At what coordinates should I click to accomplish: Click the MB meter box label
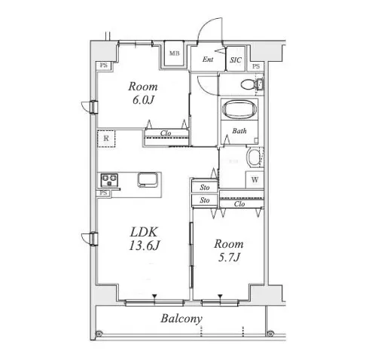[x=175, y=53]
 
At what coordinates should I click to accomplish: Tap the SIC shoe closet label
[x=236, y=60]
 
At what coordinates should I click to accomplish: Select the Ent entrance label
[x=208, y=59]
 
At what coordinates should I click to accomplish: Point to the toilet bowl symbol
[x=248, y=84]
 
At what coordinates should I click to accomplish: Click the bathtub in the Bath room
[x=239, y=109]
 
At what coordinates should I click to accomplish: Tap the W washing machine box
[x=255, y=180]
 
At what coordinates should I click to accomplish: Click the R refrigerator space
[x=106, y=139]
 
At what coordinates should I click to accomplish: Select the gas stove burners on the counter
[x=109, y=180]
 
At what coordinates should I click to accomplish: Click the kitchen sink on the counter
[x=148, y=180]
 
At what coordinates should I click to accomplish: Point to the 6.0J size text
[x=143, y=100]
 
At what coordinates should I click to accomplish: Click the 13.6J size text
[x=144, y=246]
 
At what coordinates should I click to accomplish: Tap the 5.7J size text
[x=229, y=257]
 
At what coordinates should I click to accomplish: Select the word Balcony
[x=181, y=319]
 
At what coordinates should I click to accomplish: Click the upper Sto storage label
[x=205, y=188]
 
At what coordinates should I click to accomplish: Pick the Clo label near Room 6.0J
[x=166, y=133]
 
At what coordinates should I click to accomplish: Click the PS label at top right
[x=256, y=66]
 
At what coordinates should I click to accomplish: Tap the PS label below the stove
[x=103, y=193]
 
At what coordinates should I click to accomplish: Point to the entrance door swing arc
[x=206, y=24]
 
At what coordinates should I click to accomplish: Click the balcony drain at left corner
[x=99, y=334]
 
